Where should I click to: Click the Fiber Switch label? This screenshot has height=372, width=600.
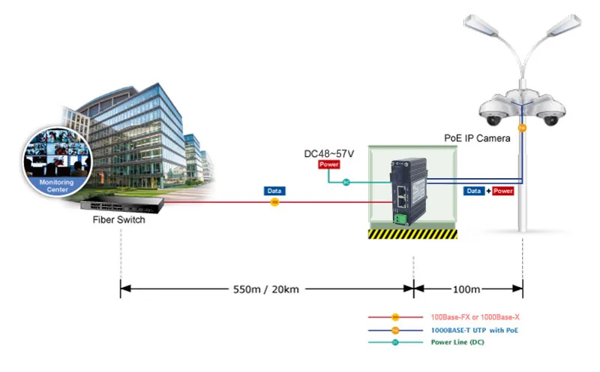pyautogui.click(x=118, y=219)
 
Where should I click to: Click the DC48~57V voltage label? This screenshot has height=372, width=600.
pyautogui.click(x=328, y=154)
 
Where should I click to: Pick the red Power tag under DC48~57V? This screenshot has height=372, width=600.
pyautogui.click(x=328, y=165)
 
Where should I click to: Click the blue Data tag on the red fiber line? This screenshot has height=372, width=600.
pyautogui.click(x=274, y=191)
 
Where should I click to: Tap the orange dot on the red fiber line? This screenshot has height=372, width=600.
pyautogui.click(x=274, y=202)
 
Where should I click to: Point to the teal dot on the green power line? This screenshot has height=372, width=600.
pyautogui.click(x=346, y=182)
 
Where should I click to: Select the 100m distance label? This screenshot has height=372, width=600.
pyautogui.click(x=467, y=289)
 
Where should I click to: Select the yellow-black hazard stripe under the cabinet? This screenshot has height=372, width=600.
pyautogui.click(x=412, y=234)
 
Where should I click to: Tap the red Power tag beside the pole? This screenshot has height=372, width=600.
pyautogui.click(x=502, y=191)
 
